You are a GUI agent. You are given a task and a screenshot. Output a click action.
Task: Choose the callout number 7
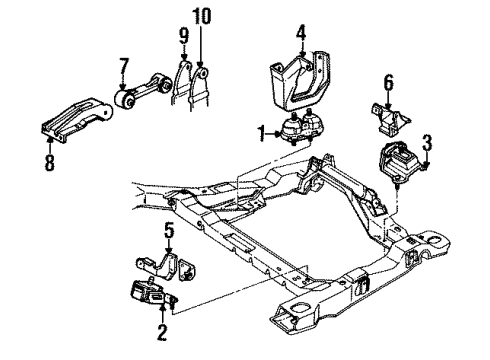tap(123, 66)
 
